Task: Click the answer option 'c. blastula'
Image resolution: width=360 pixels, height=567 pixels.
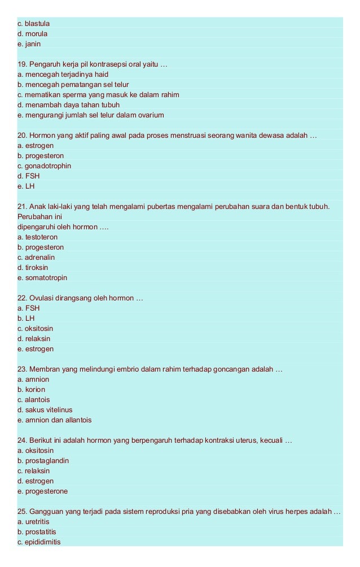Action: coord(34,24)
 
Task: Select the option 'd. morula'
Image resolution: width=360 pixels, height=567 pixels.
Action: coord(33,34)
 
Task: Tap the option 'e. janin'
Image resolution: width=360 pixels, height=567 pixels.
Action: coord(29,44)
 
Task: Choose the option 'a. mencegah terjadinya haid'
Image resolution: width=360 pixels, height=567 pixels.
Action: coord(63,75)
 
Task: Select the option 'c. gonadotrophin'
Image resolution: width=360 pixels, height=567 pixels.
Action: coord(44,166)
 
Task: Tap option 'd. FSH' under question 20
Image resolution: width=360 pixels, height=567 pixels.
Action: coord(29,176)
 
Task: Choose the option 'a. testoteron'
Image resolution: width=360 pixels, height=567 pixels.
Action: coord(38,237)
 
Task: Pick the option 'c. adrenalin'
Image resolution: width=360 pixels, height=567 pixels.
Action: coord(36,258)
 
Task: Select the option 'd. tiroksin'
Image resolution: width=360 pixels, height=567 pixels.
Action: coord(33,268)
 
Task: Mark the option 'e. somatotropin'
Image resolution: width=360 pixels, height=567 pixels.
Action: coord(42,278)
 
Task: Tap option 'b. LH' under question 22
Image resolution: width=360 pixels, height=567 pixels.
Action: coord(26,319)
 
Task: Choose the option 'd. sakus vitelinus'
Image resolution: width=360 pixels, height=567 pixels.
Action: coord(45,410)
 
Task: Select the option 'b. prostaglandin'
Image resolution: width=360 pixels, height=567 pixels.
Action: coord(43,461)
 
